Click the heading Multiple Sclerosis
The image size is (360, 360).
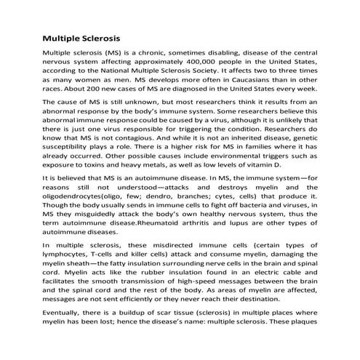[81, 36]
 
